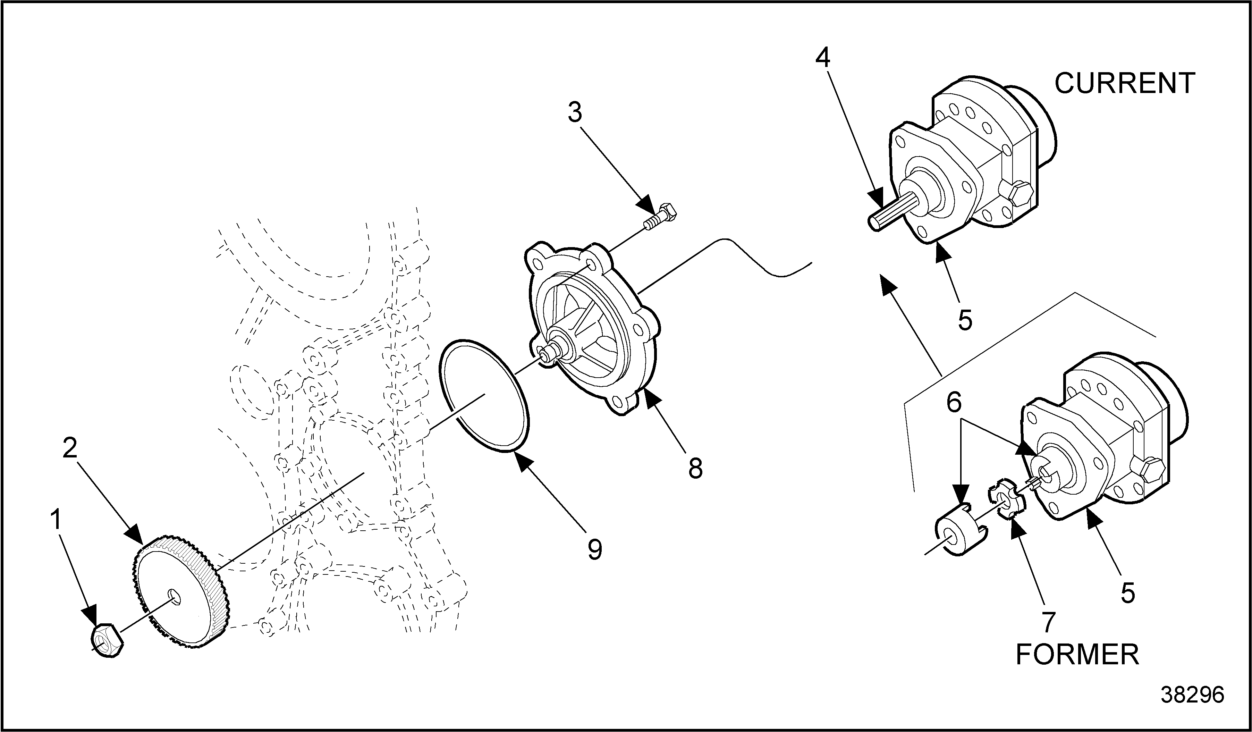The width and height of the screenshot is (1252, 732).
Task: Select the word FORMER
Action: click(x=1077, y=655)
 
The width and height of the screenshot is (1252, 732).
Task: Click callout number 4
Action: click(x=823, y=59)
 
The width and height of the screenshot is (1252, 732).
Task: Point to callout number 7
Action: click(x=1048, y=622)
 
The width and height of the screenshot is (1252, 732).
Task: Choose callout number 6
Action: click(x=954, y=403)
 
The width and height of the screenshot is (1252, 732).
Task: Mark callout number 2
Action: click(x=70, y=448)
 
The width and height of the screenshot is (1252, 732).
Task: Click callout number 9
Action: click(x=595, y=549)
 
